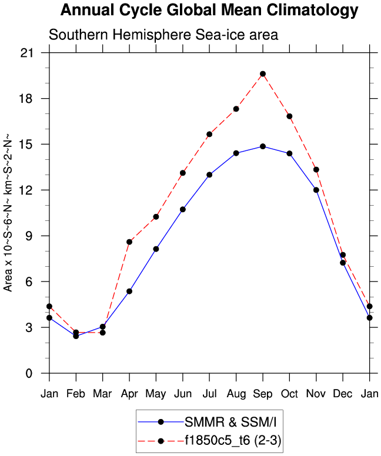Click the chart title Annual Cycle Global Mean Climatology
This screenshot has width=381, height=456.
pos(209,11)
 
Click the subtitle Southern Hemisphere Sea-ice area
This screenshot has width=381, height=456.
pos(163,35)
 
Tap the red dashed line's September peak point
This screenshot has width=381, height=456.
pos(263,74)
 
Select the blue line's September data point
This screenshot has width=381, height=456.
pos(263,146)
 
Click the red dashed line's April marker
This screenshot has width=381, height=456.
pos(129,242)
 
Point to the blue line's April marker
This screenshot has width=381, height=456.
pos(129,291)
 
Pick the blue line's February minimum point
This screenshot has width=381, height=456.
pos(76,336)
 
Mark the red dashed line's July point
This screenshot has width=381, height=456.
pos(209,135)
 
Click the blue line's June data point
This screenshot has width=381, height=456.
pos(183,210)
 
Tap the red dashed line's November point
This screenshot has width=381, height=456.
pos(316,170)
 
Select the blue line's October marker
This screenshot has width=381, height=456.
pos(289,154)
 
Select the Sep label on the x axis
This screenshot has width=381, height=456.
pos(263,393)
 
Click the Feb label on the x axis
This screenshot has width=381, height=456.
pos(76,393)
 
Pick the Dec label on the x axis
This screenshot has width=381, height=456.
pos(343,393)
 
